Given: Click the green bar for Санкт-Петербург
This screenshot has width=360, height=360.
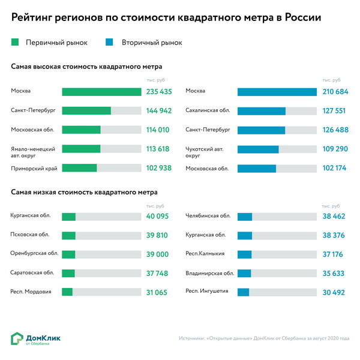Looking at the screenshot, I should point(86,110).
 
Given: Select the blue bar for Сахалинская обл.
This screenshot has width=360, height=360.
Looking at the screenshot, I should point(261,111).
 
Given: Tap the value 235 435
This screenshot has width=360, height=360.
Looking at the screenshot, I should point(159,92).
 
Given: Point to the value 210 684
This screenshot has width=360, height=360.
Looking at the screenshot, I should point(335,92).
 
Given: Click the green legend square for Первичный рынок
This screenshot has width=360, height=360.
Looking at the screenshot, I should point(16,43).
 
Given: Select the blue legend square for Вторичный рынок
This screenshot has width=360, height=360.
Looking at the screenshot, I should point(109,43).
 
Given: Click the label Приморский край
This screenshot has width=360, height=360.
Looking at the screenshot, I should point(34,168).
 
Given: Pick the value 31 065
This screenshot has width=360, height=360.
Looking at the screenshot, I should point(159,292).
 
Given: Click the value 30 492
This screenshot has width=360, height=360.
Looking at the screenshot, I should point(335,292).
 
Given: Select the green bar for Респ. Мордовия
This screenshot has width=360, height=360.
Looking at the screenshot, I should point(67,292).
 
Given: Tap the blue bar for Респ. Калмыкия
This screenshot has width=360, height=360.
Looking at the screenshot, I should point(244,254).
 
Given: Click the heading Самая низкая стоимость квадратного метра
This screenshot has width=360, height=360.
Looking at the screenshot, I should point(85,192).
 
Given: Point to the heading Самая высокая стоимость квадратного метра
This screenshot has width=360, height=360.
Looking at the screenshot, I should point(87,66).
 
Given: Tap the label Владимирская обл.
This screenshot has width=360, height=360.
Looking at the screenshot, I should point(210,273).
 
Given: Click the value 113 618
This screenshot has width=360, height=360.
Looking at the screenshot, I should point(159,149).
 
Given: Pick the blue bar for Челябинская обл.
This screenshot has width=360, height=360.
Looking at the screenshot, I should point(245,216).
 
